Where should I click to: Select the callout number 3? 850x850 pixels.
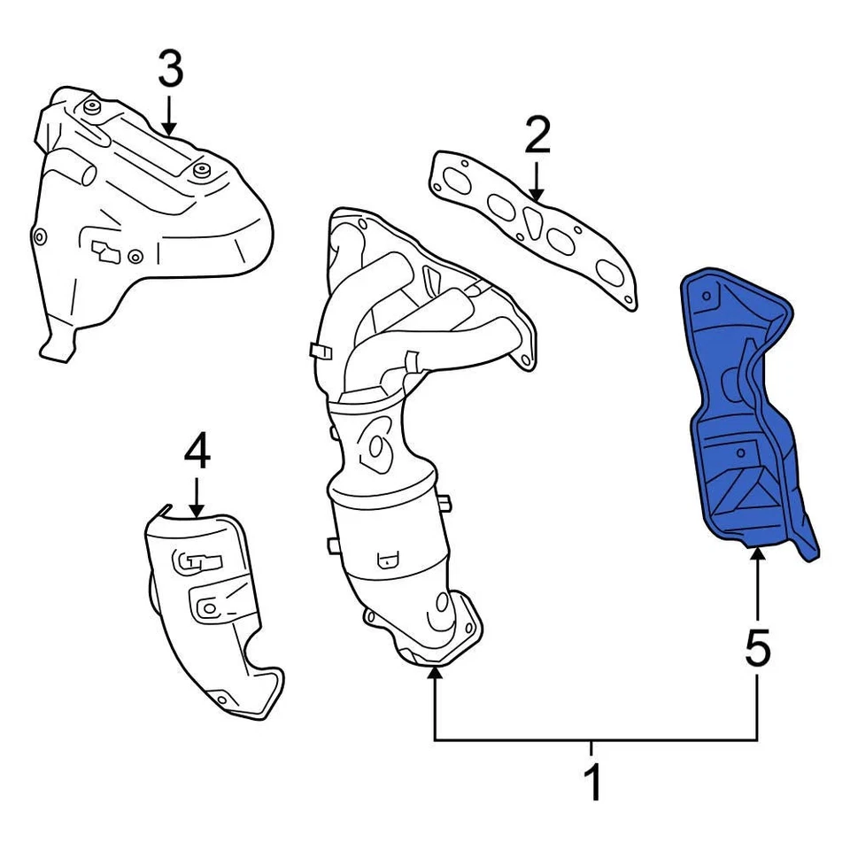[170, 71]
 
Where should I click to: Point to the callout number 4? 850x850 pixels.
[197, 454]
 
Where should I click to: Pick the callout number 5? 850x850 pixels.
[758, 649]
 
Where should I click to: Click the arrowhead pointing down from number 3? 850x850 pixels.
[170, 127]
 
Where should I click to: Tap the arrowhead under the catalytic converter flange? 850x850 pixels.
[434, 676]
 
